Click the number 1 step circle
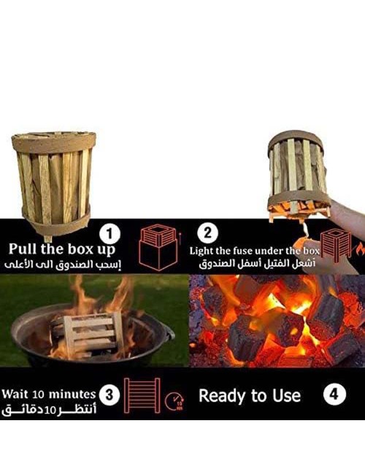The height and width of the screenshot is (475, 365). (110, 234)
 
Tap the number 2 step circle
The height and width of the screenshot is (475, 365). (207, 233)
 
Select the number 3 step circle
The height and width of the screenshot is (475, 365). (109, 395)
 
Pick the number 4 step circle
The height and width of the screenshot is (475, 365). (334, 394)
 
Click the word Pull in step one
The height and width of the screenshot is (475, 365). (23, 249)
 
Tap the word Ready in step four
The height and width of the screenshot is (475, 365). (222, 395)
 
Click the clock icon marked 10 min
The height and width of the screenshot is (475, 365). (174, 402)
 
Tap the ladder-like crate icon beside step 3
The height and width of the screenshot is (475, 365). (142, 395)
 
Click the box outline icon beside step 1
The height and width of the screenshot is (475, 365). (158, 247)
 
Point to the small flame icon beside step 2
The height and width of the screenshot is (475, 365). (360, 249)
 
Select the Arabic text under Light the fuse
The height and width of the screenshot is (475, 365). (257, 263)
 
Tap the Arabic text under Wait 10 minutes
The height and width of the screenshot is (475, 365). (49, 409)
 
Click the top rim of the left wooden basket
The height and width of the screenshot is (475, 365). (54, 142)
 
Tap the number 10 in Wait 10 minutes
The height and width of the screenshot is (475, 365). (39, 395)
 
